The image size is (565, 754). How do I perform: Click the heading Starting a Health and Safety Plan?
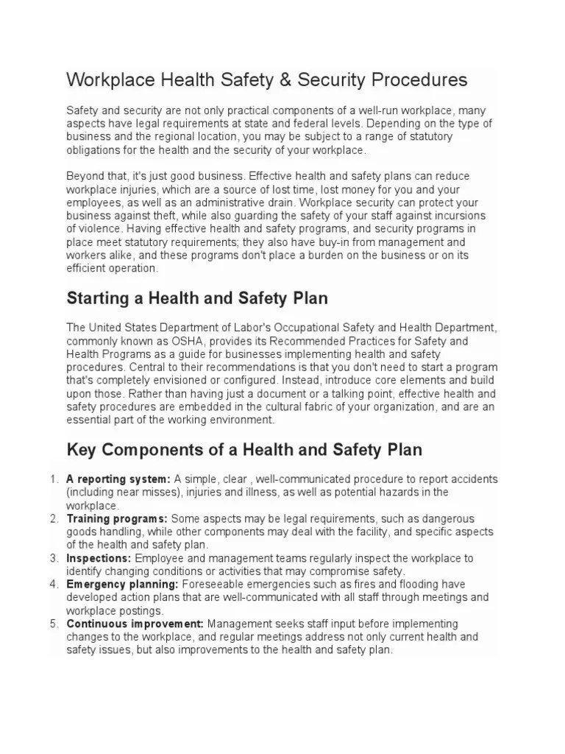197,298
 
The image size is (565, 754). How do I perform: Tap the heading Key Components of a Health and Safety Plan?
244,448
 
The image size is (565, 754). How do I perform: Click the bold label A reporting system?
118,479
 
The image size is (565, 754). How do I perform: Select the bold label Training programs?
117,518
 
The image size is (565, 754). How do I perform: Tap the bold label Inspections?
99,558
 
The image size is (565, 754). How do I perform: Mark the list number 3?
54,558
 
